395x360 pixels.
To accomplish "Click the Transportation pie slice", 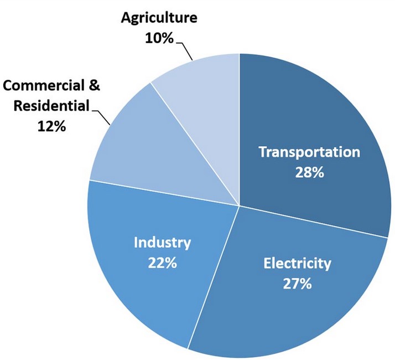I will tap(332, 122).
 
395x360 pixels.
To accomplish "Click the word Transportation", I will tap(310, 152).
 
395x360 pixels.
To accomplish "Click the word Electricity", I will tap(297, 263).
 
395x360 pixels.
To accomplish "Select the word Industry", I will tap(162, 243).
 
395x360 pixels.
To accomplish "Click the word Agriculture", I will tap(159, 18).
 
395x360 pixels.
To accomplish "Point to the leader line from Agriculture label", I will tap(185, 53).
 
